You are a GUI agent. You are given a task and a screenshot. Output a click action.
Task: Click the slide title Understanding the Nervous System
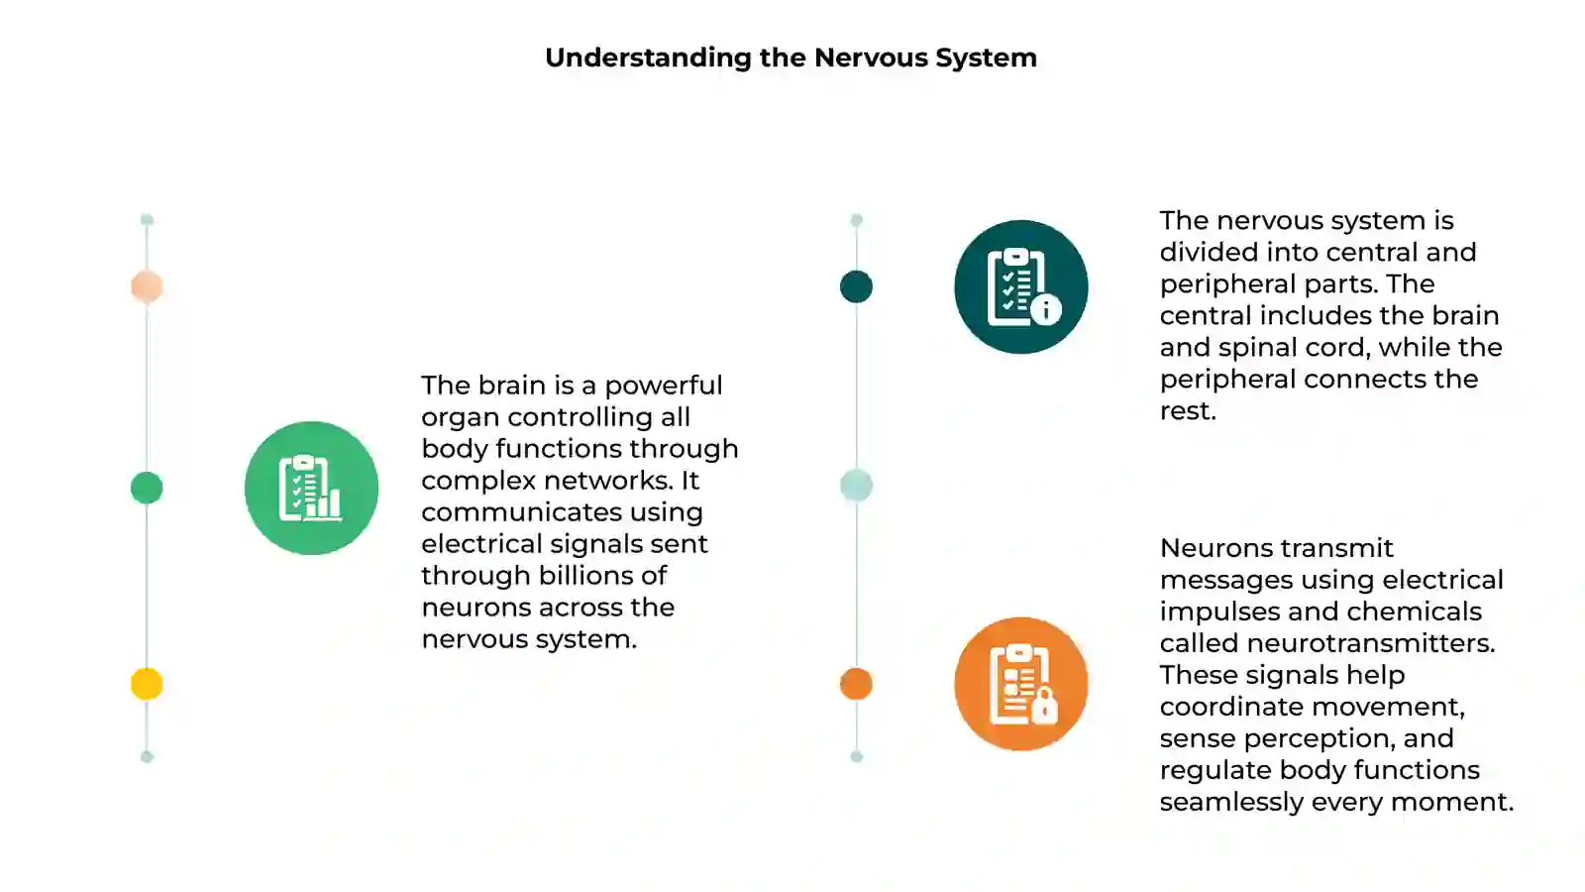[791, 58]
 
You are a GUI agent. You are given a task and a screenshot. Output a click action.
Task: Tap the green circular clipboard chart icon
[311, 488]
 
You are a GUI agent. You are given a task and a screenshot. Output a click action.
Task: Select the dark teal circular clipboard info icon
[1021, 286]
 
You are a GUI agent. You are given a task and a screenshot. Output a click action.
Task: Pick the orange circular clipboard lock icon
[1021, 684]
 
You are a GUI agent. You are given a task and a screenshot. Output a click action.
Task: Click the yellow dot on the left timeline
[147, 684]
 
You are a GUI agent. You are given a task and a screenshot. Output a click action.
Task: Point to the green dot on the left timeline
[147, 488]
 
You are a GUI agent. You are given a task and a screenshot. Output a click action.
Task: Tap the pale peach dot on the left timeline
[147, 286]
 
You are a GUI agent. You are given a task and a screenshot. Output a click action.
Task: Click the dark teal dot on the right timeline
[856, 286]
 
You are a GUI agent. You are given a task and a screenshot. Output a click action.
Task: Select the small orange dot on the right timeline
[856, 684]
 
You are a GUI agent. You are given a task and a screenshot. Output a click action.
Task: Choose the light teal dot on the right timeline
[856, 486]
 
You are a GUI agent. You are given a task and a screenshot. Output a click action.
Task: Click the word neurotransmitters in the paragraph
[1371, 643]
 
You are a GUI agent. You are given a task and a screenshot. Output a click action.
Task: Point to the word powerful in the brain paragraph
[663, 386]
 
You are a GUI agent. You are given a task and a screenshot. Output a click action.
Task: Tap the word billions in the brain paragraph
[586, 576]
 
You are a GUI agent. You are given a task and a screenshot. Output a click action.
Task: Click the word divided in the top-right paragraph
[1209, 252]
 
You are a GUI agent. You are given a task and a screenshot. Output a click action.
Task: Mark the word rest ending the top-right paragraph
[1188, 411]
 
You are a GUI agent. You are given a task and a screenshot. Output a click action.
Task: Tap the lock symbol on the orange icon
[1044, 706]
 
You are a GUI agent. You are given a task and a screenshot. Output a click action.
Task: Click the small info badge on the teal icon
[1046, 309]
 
